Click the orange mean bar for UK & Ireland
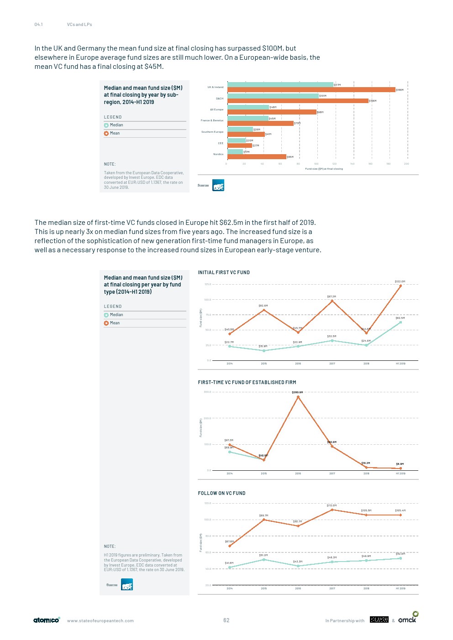point(311,90)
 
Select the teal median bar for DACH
point(273,96)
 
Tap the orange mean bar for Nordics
point(257,157)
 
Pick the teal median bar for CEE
point(237,140)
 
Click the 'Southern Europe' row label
point(212,132)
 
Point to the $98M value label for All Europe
point(320,112)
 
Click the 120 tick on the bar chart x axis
point(334,164)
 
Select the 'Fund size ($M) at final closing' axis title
point(324,169)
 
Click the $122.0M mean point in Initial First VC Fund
point(400,286)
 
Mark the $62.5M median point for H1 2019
point(400,323)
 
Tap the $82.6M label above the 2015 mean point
point(263,306)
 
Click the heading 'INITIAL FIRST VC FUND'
point(224,272)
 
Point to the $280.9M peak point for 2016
point(298,397)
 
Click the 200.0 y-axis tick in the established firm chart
point(207,418)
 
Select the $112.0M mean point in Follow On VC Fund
point(332,510)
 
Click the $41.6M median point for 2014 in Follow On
point(230,567)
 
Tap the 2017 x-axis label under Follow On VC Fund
point(332,588)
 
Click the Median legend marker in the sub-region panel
point(106,125)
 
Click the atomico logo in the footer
point(47,620)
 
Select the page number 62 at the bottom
point(226,620)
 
